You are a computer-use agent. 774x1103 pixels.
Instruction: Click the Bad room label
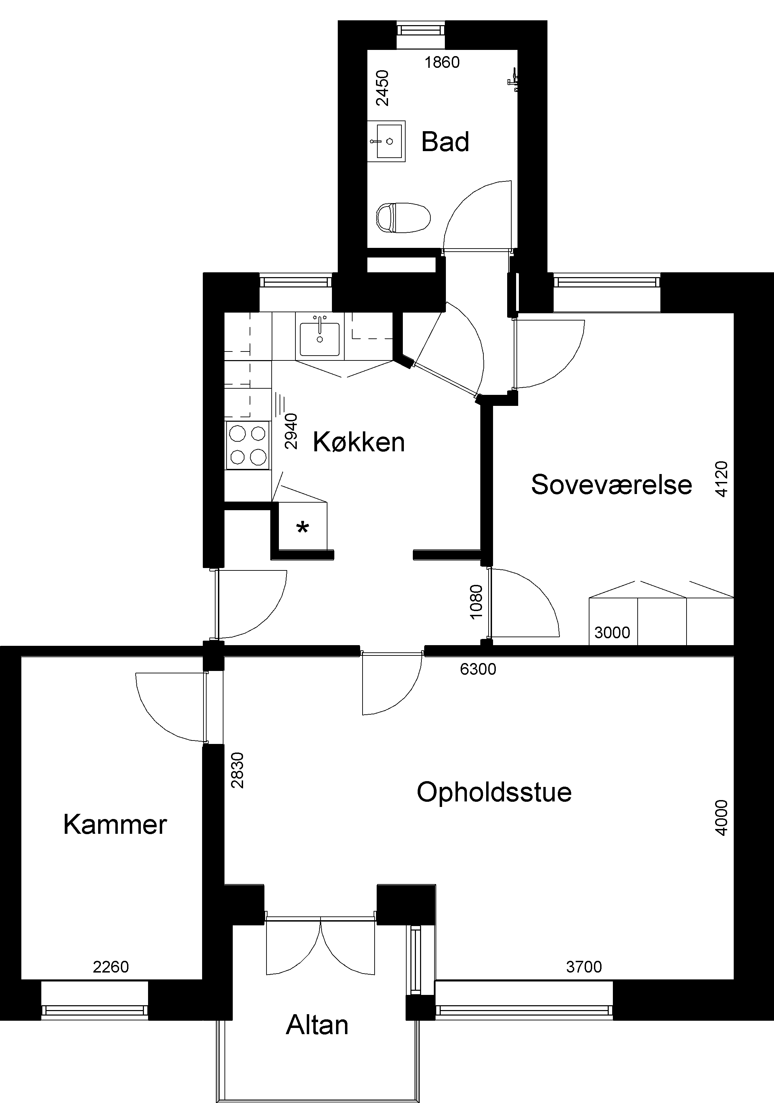click(445, 142)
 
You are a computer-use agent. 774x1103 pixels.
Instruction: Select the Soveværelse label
click(611, 484)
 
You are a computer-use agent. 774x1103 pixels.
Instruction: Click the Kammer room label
click(115, 824)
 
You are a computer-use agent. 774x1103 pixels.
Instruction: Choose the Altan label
click(317, 1025)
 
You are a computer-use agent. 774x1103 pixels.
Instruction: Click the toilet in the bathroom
click(402, 217)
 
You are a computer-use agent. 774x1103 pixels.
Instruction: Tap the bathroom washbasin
click(387, 141)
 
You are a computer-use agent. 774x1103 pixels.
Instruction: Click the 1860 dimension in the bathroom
click(442, 62)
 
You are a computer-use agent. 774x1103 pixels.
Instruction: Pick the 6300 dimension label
click(478, 669)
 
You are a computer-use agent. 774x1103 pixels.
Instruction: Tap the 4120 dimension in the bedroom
click(722, 479)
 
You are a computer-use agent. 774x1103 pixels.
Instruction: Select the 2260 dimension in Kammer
click(111, 967)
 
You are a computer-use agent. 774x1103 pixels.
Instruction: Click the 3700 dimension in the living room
click(584, 967)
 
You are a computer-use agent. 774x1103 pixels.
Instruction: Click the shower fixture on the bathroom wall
click(513, 79)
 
